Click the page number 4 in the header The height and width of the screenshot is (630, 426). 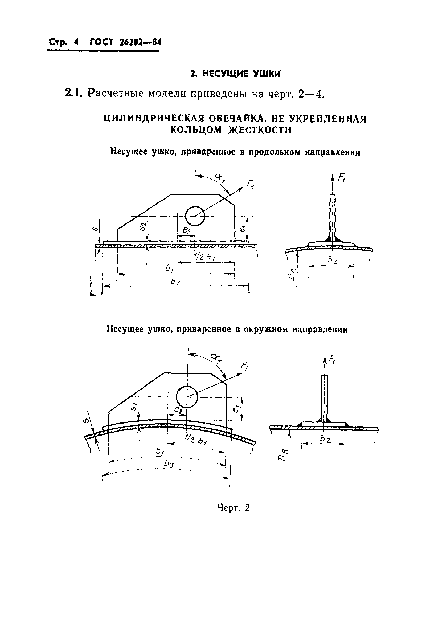click(77, 43)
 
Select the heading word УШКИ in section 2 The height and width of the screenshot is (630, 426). click(267, 74)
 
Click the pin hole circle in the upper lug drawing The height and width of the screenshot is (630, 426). click(195, 216)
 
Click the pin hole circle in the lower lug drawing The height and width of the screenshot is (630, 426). click(187, 397)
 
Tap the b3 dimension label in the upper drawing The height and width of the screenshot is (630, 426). click(176, 282)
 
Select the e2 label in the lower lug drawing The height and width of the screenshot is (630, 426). click(178, 410)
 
